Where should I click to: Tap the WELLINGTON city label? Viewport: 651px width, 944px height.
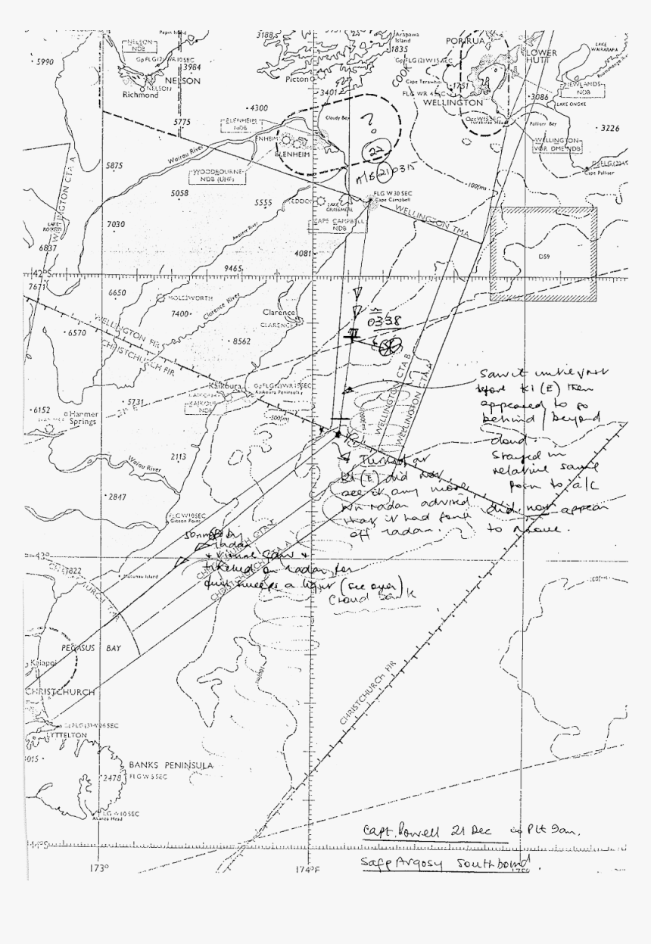point(453,101)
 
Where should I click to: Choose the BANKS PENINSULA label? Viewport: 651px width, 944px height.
point(172,766)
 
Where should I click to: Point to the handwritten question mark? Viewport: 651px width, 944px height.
point(370,122)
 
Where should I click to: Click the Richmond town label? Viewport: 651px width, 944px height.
point(142,95)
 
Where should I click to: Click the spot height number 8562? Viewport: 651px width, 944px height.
point(241,341)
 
